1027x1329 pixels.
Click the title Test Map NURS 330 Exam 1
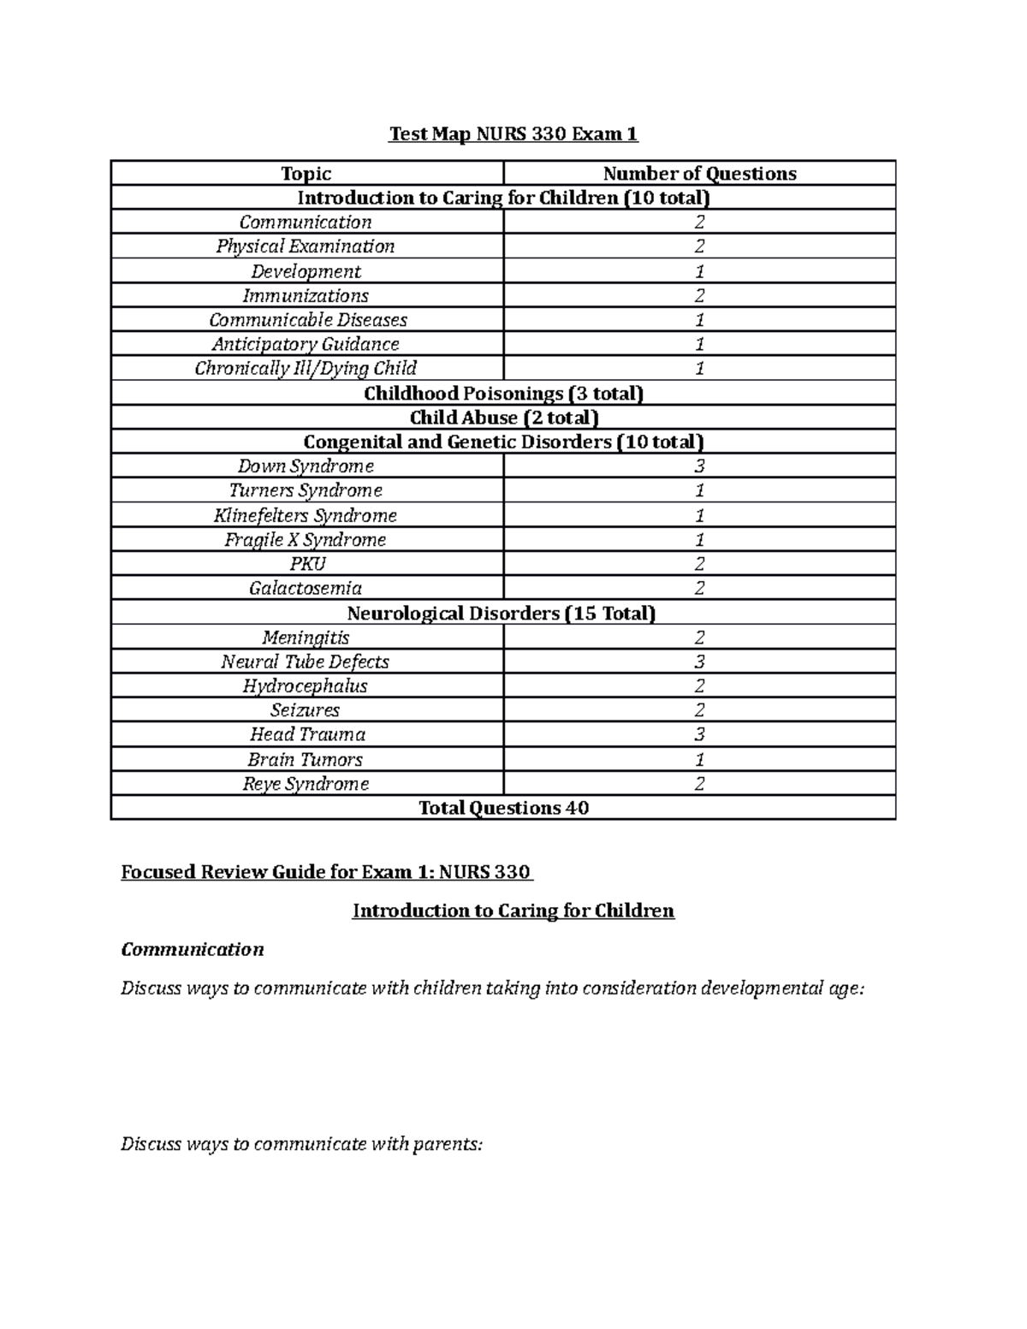513,134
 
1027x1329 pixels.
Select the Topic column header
306,174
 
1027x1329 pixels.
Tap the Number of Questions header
699,174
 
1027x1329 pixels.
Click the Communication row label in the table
306,222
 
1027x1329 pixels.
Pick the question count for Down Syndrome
699,466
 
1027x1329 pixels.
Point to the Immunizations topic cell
306,296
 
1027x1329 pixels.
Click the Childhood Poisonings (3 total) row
503,394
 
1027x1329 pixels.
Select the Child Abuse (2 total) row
503,418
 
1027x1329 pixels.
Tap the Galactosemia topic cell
306,589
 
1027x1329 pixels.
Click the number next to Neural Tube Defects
699,662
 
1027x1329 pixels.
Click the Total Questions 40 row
503,808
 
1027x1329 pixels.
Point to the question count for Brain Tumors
699,760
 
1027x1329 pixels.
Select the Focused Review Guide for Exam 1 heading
327,872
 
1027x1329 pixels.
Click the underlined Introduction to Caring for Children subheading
513,911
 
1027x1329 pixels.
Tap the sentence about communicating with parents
302,1144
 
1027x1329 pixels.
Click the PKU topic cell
307,564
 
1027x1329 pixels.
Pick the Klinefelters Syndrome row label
306,516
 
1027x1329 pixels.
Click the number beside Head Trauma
699,735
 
